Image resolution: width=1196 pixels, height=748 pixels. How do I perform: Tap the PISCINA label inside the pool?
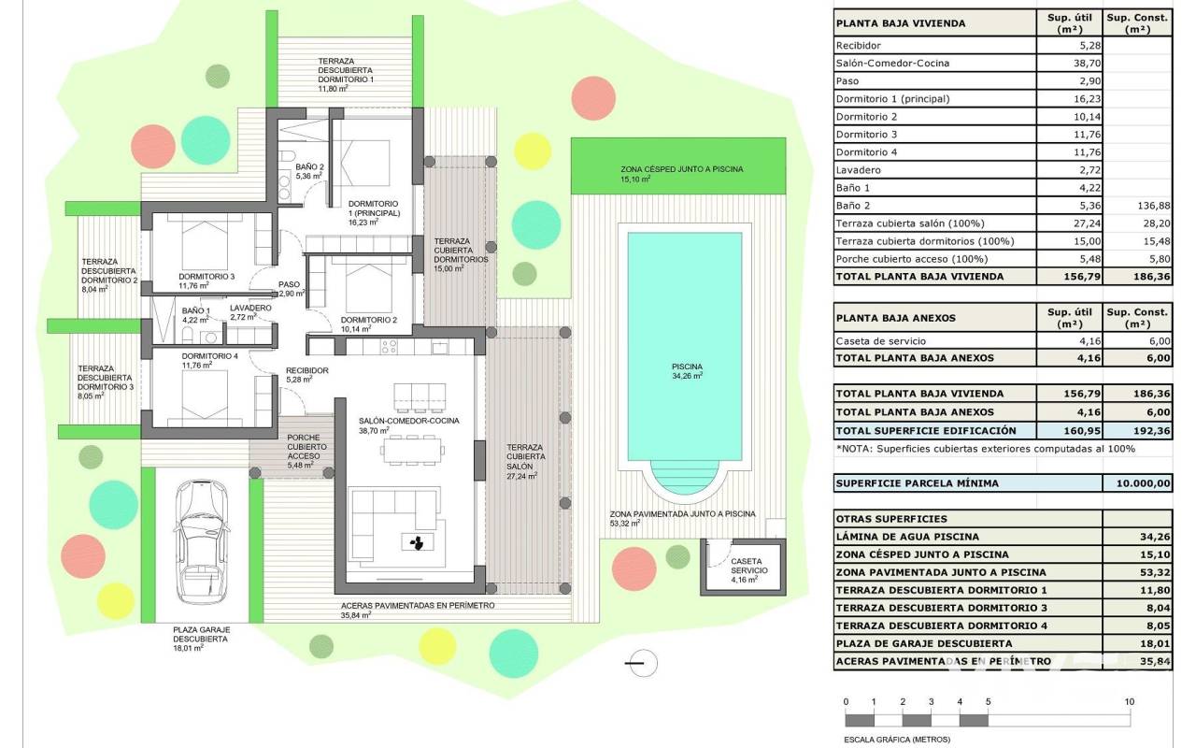click(x=686, y=367)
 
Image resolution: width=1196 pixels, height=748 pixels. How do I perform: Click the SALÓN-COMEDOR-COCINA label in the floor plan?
click(x=408, y=421)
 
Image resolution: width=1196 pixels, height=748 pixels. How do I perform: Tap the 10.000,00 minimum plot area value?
click(x=1136, y=483)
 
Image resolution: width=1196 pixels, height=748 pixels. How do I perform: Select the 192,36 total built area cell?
click(x=1136, y=430)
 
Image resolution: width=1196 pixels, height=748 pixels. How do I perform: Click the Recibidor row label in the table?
click(x=858, y=45)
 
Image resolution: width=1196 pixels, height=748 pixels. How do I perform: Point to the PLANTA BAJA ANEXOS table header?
click(x=895, y=318)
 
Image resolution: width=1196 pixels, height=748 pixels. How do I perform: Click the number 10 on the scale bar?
click(x=1130, y=702)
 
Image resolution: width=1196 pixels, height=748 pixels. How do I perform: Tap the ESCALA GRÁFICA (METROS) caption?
click(x=897, y=739)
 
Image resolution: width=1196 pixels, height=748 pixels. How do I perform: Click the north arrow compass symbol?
click(x=641, y=663)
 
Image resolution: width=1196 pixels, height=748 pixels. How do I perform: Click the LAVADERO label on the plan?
click(x=250, y=308)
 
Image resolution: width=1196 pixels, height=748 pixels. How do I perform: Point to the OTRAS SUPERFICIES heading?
click(x=890, y=519)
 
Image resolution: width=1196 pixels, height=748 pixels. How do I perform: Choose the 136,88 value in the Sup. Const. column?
click(x=1136, y=206)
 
